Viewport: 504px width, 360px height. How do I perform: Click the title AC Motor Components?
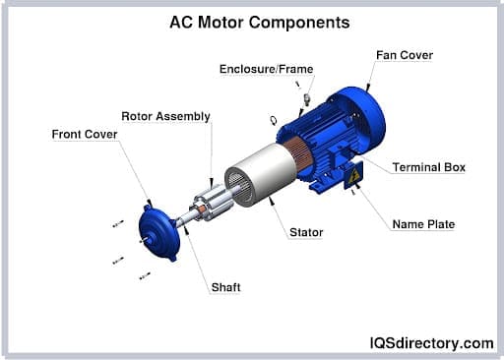(251, 21)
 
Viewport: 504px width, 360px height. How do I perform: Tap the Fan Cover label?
(404, 55)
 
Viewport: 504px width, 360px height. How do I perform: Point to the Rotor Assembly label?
(165, 116)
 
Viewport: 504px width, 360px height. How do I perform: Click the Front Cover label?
(85, 134)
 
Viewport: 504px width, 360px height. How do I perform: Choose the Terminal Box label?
(428, 167)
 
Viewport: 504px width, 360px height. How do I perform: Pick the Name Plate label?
(423, 224)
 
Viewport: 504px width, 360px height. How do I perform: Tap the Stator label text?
(306, 233)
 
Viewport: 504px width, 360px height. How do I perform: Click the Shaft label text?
(225, 287)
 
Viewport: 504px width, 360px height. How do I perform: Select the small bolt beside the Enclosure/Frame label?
(307, 99)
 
